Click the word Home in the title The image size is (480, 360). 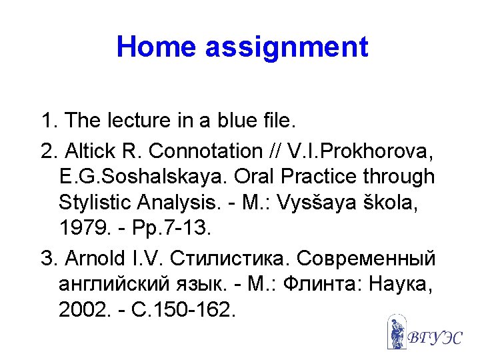[157, 47]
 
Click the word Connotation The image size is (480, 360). [206, 151]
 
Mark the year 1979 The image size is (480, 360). [80, 229]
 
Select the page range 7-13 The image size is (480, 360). [189, 229]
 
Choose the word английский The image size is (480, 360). [109, 284]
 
